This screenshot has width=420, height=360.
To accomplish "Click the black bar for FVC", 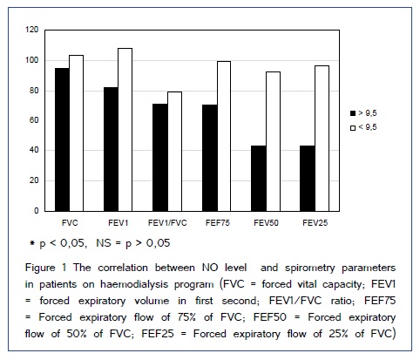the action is point(62,139).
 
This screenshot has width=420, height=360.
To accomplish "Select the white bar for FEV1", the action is point(125,130).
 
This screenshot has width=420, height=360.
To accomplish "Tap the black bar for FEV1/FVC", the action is point(160,158).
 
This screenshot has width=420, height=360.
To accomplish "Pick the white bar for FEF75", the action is point(224,136).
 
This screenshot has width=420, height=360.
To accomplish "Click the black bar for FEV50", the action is point(259,179).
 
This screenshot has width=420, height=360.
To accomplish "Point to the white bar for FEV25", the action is point(322,139).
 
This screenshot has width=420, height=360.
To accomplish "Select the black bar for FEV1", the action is point(111,149).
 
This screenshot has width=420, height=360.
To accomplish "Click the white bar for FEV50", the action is point(273,141).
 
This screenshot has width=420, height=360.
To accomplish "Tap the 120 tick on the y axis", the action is point(32,30).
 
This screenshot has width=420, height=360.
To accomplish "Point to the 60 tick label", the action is point(34,120).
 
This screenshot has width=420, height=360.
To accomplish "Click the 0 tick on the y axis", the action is point(37,211).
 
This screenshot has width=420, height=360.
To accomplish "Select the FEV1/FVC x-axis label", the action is point(167,223).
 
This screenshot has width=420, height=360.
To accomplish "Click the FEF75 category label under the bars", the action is point(218,223).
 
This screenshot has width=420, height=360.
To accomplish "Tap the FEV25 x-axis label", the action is point(315,223).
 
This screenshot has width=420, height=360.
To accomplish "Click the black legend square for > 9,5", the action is point(353,113).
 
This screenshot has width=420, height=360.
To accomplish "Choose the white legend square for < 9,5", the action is point(353,128).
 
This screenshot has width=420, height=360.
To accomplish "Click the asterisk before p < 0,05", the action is point(32,242).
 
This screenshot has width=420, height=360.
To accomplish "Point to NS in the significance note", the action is point(104,242).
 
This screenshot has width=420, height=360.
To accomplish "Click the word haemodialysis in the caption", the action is point(134,284).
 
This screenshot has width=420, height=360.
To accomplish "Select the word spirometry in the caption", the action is point(310,268).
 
